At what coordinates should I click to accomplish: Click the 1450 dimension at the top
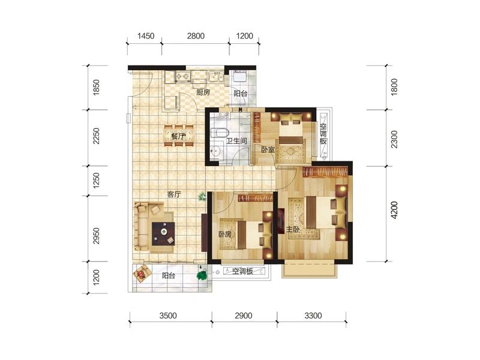pyautogui.click(x=146, y=36)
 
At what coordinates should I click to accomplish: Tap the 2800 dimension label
pyautogui.click(x=196, y=36)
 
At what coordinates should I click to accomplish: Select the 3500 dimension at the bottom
pyautogui.click(x=168, y=316)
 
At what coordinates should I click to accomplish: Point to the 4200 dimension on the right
pyautogui.click(x=394, y=210)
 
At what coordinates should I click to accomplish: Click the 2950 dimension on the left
pyautogui.click(x=96, y=235)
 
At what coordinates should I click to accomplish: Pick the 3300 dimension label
pyautogui.click(x=313, y=316)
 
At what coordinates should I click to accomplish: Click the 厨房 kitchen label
pyautogui.click(x=203, y=92)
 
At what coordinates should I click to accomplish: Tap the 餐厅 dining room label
pyautogui.click(x=178, y=136)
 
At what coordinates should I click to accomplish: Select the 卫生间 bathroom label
pyautogui.click(x=236, y=141)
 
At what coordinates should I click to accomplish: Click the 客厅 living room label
pyautogui.click(x=174, y=194)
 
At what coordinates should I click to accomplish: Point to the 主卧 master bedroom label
pyautogui.click(x=293, y=229)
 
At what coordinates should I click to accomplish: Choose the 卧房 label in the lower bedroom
pyautogui.click(x=224, y=234)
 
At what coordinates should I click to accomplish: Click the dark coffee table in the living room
pyautogui.click(x=163, y=233)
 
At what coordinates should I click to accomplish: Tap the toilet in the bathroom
pyautogui.click(x=220, y=133)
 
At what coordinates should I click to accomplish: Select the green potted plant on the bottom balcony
pyautogui.click(x=202, y=275)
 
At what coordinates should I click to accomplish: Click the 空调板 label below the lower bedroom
pyautogui.click(x=242, y=271)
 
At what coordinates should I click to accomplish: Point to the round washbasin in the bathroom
pyautogui.click(x=217, y=151)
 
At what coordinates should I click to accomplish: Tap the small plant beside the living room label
pyautogui.click(x=202, y=196)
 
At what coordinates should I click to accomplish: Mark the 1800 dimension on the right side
pyautogui.click(x=394, y=87)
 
